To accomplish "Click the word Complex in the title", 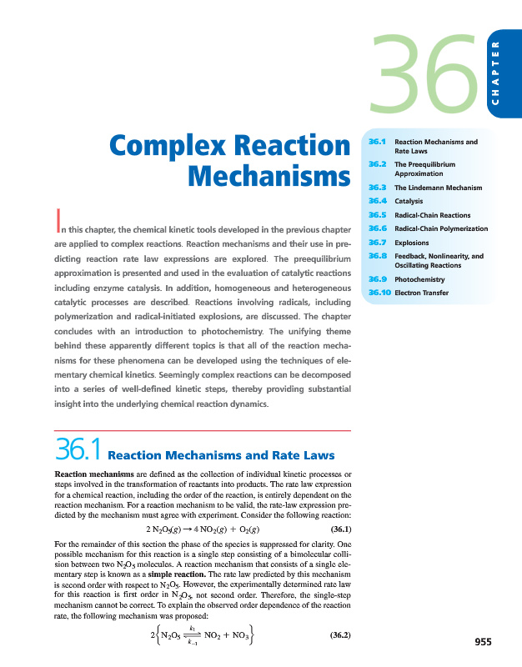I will click(168, 147).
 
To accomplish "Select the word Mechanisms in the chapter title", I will click(268, 178).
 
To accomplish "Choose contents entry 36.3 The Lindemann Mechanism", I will click(438, 188).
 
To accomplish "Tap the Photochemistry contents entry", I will click(419, 279).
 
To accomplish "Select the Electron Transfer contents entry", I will click(421, 293).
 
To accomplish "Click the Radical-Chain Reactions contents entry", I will click(432, 215).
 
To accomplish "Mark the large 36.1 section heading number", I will click(76, 451).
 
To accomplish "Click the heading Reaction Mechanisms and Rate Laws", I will click(222, 455).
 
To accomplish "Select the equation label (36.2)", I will click(335, 635).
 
